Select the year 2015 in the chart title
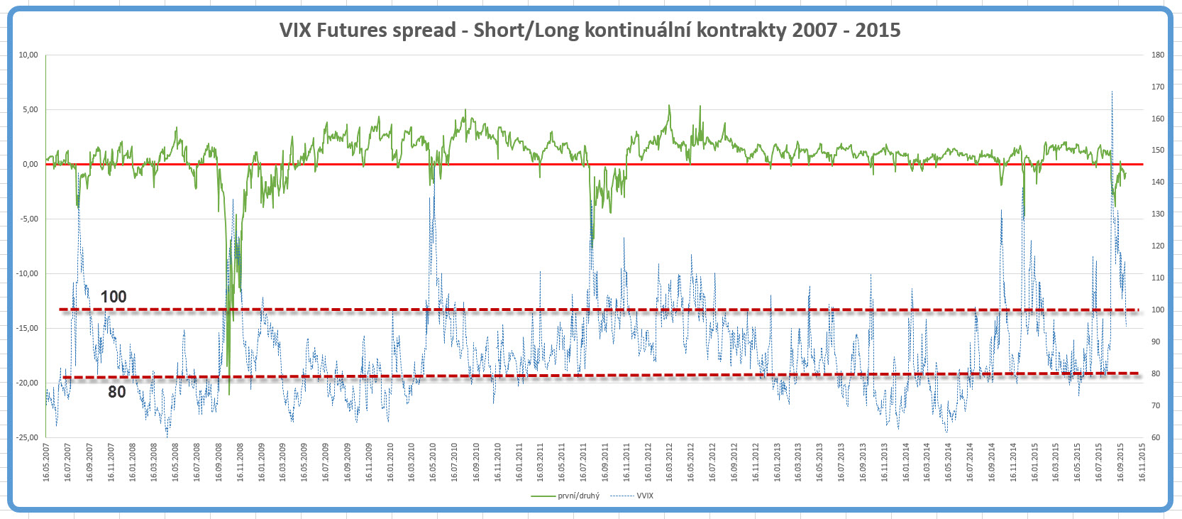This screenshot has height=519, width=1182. [x=878, y=30]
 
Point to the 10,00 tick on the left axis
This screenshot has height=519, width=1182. [x=28, y=55]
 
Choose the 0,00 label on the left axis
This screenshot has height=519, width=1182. [x=30, y=164]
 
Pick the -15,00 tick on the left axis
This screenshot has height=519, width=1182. [x=27, y=328]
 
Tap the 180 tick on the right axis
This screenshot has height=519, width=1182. [x=1157, y=55]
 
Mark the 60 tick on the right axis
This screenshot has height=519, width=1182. [x=1156, y=437]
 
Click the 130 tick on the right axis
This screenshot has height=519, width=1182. [x=1157, y=214]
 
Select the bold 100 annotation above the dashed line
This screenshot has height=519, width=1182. [x=114, y=297]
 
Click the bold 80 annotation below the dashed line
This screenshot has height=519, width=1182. [x=117, y=392]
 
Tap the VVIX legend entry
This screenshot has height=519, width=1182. [x=644, y=496]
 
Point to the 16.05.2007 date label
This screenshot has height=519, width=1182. [x=46, y=462]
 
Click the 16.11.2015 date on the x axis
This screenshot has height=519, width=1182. [x=1142, y=462]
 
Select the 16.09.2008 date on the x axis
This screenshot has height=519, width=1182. [x=219, y=462]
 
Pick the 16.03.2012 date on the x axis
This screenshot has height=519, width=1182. [x=669, y=462]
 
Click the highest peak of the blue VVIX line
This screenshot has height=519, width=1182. [x=1112, y=92]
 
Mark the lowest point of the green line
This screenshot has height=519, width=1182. [x=228, y=394]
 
